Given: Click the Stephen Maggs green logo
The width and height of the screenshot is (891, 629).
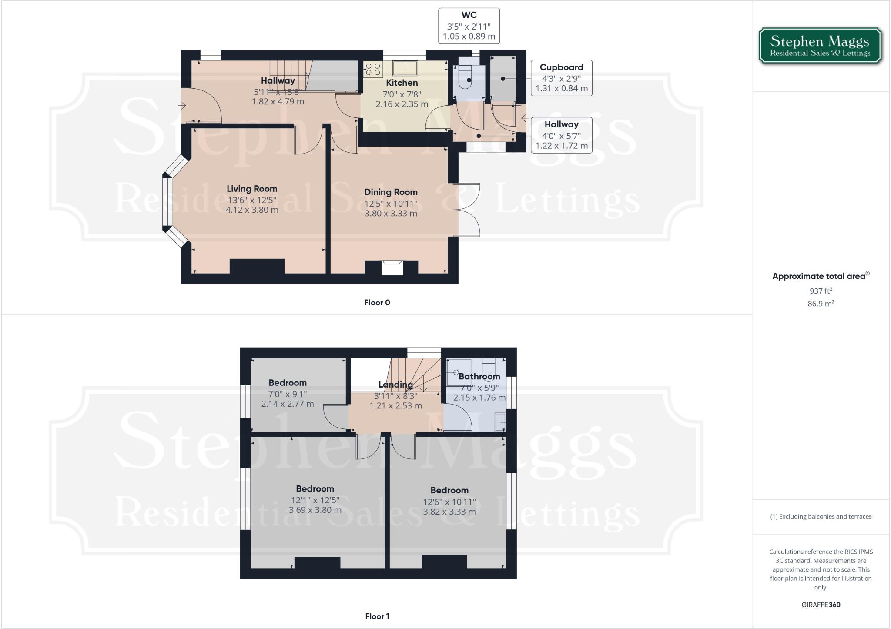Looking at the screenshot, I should (820, 46).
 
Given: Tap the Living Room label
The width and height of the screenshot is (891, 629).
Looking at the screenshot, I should (252, 189).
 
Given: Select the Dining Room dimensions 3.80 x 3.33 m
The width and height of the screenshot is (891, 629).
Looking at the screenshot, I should (391, 214).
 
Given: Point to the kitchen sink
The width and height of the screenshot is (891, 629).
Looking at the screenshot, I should (405, 68).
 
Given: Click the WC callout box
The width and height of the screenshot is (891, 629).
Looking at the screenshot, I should (469, 26).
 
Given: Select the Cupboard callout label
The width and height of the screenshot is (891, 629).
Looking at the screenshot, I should (561, 67).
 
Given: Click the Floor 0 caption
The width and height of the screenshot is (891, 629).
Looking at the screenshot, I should (377, 303).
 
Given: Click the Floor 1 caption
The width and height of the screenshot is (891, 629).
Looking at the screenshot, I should (377, 616).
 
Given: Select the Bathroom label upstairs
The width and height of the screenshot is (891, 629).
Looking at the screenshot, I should (479, 376).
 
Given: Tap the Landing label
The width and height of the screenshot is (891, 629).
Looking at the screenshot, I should (395, 385).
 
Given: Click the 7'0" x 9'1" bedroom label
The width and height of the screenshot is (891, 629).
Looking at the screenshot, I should (287, 394).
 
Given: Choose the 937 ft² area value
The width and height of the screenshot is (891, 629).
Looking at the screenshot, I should (821, 291).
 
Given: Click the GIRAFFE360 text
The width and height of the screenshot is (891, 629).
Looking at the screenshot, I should (821, 605).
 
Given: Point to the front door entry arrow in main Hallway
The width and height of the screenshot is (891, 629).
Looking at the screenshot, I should (182, 105).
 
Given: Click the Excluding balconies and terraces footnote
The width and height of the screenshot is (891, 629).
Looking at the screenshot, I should (821, 517).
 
